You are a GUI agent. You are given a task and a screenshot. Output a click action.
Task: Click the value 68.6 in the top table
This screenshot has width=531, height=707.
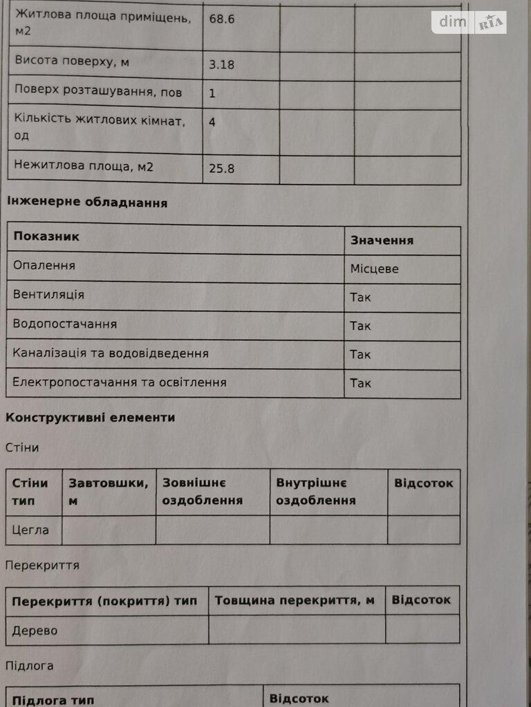(222, 19)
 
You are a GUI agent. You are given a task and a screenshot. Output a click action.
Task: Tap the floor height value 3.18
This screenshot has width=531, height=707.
(222, 65)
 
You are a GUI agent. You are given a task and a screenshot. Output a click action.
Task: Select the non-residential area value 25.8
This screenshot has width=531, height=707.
(222, 168)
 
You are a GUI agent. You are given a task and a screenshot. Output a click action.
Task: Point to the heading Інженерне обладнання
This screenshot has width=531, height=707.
(86, 203)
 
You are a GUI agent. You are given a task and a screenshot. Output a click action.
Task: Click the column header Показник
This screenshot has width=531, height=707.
(46, 236)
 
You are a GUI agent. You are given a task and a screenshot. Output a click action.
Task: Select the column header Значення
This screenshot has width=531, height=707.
(382, 240)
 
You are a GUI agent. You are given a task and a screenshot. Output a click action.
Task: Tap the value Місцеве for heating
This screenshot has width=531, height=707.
(374, 269)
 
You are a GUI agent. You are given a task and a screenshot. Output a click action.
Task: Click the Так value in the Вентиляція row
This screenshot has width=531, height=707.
(360, 298)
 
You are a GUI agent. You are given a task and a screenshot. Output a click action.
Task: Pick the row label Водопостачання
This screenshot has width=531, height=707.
(65, 324)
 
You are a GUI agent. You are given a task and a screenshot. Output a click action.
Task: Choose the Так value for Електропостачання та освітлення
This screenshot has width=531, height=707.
(360, 383)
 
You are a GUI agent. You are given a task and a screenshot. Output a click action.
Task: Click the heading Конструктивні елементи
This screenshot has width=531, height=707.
(90, 418)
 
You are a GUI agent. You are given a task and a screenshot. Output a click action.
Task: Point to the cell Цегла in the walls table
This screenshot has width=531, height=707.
(31, 530)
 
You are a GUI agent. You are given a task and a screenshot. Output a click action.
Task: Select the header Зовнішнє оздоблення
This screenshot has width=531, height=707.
(202, 492)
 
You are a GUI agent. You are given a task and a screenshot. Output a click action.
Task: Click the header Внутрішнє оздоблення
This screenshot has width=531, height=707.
(315, 492)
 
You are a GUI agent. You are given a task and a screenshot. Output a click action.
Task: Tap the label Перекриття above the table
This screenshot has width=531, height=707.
(42, 565)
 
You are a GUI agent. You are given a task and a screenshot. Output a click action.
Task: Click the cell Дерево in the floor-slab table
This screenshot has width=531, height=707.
(35, 630)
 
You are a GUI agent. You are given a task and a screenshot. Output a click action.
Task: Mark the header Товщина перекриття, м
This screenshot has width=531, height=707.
(295, 601)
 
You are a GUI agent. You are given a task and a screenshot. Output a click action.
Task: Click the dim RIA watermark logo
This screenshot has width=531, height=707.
(469, 22)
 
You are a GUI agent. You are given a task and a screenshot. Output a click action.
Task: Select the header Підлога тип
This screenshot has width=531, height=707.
(53, 700)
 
